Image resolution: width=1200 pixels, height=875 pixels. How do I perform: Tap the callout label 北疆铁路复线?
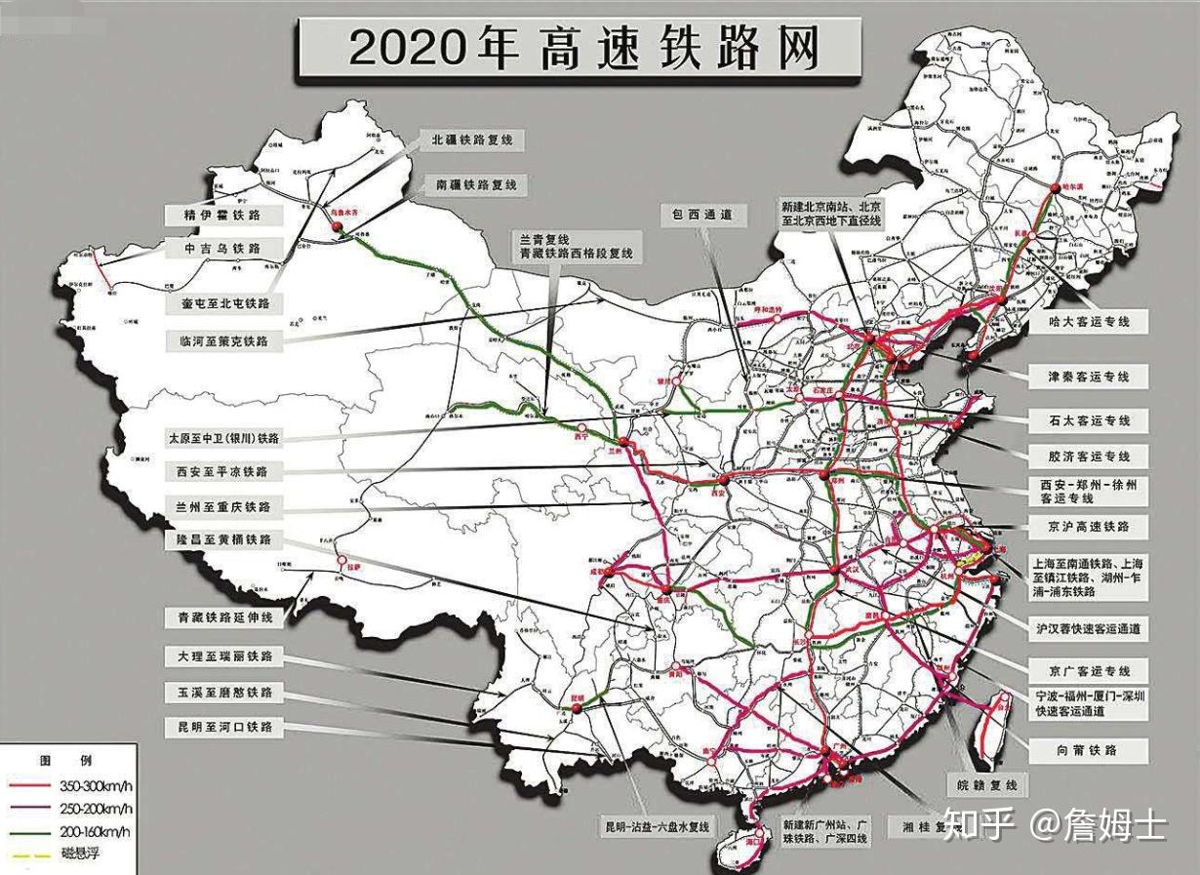[471, 140]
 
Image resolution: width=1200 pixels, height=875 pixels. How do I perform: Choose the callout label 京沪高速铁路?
[1087, 527]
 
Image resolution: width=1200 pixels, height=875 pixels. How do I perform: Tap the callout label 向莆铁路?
[1086, 750]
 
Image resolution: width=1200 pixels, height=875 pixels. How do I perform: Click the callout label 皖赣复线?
[985, 784]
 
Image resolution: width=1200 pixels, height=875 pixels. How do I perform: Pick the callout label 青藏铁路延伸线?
[225, 617]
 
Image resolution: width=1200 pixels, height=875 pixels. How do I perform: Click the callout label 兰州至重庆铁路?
[225, 507]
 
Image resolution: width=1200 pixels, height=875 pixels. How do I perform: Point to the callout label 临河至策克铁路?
[225, 341]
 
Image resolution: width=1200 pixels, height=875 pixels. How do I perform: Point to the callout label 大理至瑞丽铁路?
[225, 656]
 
